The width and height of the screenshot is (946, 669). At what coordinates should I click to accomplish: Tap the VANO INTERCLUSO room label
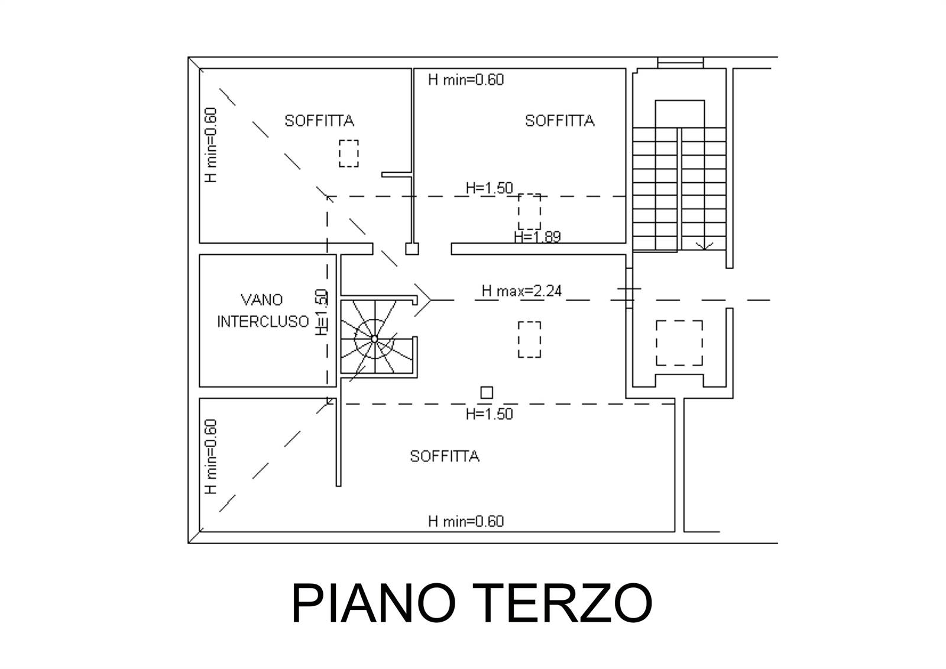(x=263, y=311)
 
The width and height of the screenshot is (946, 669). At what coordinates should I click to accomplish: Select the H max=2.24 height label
(x=521, y=290)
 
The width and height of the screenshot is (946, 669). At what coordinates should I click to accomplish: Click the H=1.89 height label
(x=537, y=237)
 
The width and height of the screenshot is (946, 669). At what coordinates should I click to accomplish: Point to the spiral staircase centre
(x=374, y=339)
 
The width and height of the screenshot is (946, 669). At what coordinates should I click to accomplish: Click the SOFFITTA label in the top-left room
(x=319, y=121)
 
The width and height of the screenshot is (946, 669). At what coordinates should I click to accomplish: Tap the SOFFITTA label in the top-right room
(x=559, y=121)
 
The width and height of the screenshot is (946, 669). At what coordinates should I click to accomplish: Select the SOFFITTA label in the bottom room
(x=445, y=456)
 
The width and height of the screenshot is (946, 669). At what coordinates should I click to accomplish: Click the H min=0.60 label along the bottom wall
(x=466, y=521)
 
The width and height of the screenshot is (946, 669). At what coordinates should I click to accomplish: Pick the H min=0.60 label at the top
(x=466, y=79)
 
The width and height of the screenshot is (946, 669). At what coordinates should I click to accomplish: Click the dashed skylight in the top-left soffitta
(x=349, y=153)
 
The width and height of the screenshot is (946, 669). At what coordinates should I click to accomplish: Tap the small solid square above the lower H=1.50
(x=487, y=392)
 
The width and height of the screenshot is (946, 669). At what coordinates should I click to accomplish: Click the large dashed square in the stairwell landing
(x=679, y=343)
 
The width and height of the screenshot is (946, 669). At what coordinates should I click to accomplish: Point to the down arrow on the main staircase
(x=704, y=244)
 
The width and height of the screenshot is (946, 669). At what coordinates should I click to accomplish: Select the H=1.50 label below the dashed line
(x=489, y=414)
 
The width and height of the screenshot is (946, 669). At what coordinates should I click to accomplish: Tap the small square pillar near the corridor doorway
(x=412, y=249)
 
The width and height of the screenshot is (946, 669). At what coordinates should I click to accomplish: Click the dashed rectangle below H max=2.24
(x=529, y=340)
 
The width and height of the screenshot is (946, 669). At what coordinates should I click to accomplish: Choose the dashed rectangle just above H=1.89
(x=529, y=212)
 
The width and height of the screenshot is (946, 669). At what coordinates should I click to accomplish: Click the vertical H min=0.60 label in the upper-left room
(x=210, y=144)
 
